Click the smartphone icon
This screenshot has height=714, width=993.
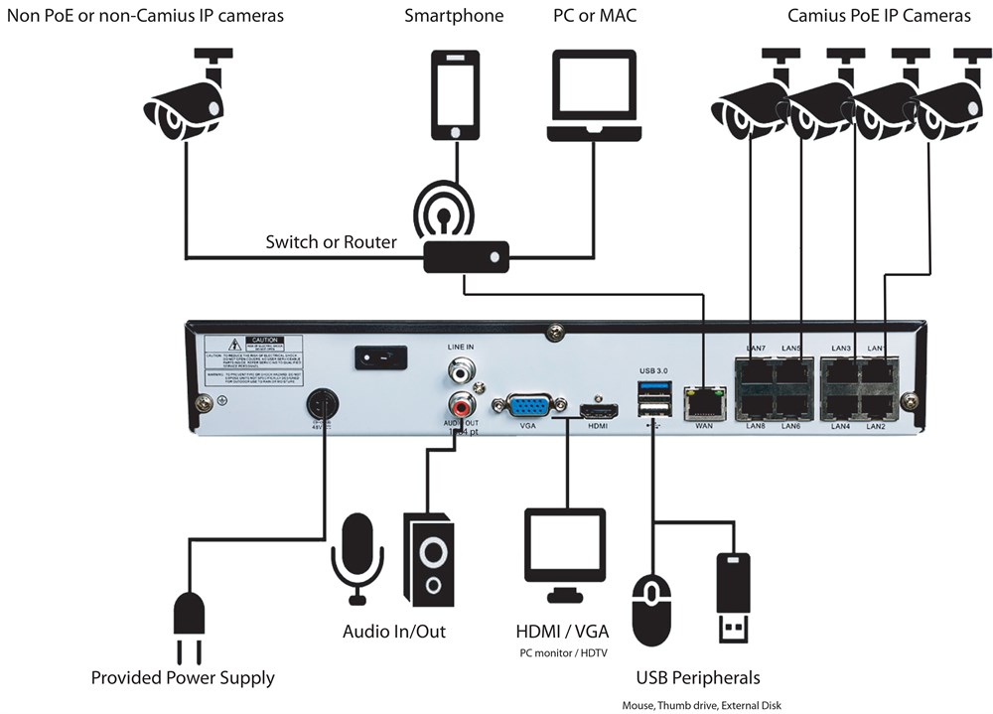point(455,95)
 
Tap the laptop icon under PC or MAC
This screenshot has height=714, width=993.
point(593,97)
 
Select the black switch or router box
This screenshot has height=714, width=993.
point(466,257)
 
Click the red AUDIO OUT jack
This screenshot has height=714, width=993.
point(461,405)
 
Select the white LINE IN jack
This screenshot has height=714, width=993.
point(461,373)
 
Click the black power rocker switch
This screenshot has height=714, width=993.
point(380,357)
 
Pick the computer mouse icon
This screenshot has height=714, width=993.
point(651,609)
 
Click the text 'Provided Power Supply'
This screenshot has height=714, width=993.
point(183,678)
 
